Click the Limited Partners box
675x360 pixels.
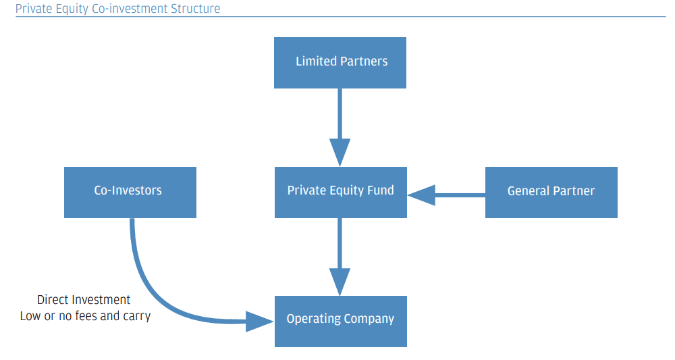(x=340, y=62)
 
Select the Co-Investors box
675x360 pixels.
(x=130, y=192)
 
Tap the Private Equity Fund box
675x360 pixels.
(x=340, y=192)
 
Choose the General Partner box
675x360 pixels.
(x=551, y=192)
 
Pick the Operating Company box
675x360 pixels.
(x=340, y=321)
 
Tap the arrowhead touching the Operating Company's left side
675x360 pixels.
(x=260, y=322)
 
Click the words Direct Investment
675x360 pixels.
(x=84, y=300)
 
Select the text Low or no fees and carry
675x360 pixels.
(x=85, y=315)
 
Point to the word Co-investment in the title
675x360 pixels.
(x=132, y=9)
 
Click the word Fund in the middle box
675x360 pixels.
(x=381, y=190)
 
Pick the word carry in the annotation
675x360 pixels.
(x=137, y=316)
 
